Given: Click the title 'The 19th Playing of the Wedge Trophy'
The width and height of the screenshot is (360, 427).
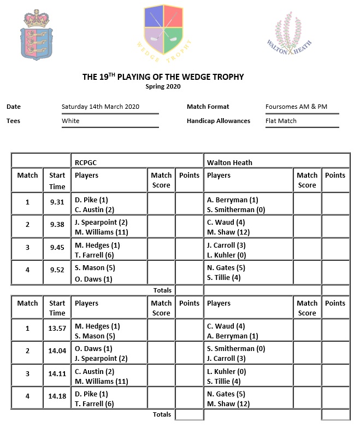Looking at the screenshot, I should pyautogui.click(x=163, y=77).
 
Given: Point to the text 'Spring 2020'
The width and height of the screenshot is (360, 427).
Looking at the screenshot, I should pyautogui.click(x=163, y=86).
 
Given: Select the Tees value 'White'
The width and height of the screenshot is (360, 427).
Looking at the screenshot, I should pyautogui.click(x=70, y=121).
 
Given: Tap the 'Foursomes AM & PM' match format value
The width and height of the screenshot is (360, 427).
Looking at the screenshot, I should pyautogui.click(x=296, y=107).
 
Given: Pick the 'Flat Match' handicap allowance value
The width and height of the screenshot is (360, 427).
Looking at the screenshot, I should pyautogui.click(x=281, y=121).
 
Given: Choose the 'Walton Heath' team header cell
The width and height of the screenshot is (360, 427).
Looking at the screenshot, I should pyautogui.click(x=229, y=162).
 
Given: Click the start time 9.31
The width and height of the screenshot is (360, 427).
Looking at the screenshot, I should pyautogui.click(x=57, y=202).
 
